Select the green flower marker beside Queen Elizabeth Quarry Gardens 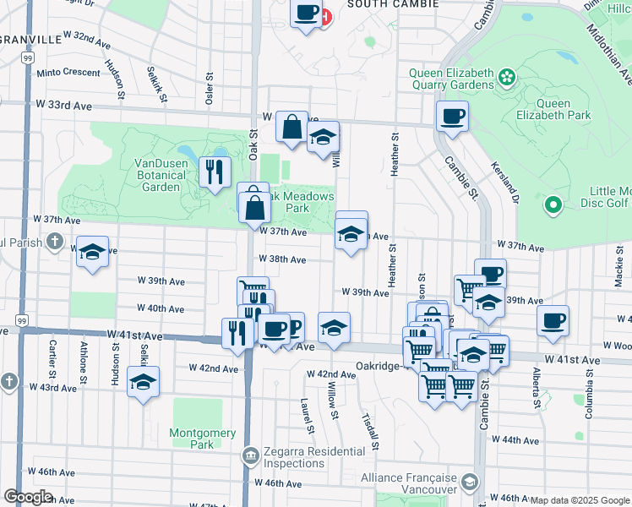pos(507,78)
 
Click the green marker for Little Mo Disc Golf pos(553,204)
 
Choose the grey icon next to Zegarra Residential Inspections pos(250,457)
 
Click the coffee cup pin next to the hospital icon pos(306,13)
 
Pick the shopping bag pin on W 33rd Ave pos(291,127)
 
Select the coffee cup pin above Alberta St pos(553,320)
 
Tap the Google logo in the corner pos(27,496)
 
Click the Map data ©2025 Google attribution pos(579,500)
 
